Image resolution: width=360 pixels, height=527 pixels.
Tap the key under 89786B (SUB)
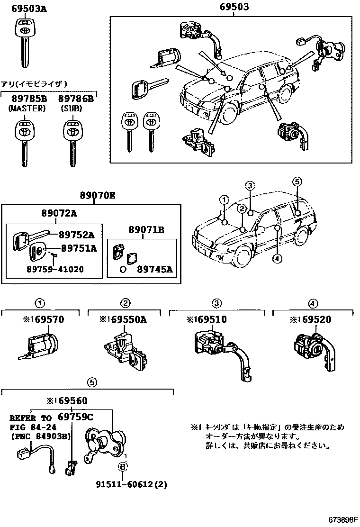(72, 140)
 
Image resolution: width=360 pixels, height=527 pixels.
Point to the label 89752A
(77, 235)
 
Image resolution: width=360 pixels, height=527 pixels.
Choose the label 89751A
(78, 247)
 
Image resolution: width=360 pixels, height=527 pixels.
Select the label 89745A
(155, 270)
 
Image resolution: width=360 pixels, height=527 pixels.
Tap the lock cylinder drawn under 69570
(40, 346)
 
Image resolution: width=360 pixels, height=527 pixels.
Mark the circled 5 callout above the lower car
(297, 182)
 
